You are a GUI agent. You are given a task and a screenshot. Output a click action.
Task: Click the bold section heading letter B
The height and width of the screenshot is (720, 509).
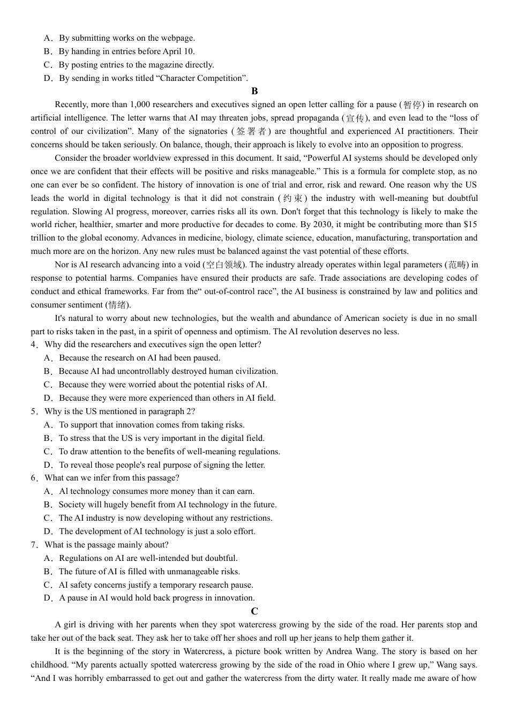[254, 91]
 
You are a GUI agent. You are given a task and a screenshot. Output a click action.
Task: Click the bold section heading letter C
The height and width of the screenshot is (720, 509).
[254, 611]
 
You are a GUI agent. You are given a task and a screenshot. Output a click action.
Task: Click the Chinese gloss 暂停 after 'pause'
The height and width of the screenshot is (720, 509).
[412, 104]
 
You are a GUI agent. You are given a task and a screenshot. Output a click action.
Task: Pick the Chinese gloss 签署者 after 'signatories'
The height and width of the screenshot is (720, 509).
[251, 131]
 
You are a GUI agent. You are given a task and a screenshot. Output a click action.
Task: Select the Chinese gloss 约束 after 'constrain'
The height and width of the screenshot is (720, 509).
[293, 198]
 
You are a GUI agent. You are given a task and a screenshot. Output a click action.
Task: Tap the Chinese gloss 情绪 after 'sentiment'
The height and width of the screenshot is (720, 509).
[118, 305]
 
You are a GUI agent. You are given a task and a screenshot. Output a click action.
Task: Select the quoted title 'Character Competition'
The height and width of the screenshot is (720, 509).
[201, 78]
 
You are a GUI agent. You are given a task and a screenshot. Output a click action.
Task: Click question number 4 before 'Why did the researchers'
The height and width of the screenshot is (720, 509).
[34, 344]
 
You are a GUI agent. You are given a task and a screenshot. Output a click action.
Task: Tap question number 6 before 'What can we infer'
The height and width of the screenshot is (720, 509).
[34, 478]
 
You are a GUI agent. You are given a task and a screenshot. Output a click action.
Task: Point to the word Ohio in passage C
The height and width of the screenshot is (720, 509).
[348, 665]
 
